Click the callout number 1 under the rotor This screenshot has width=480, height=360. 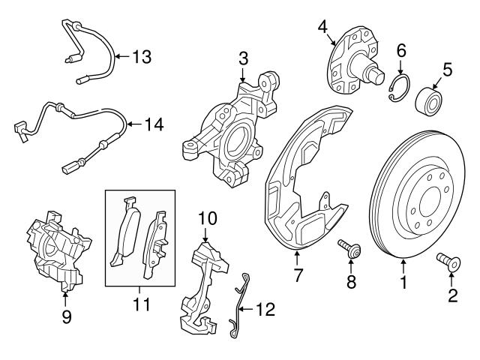point(403,284)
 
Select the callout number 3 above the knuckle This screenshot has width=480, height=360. point(243,58)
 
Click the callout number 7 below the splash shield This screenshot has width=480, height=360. point(298,275)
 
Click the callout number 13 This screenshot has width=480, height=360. point(142,55)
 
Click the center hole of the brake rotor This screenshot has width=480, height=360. point(427,201)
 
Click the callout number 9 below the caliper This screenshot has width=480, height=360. point(65,316)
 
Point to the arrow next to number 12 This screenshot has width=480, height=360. point(250,308)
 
